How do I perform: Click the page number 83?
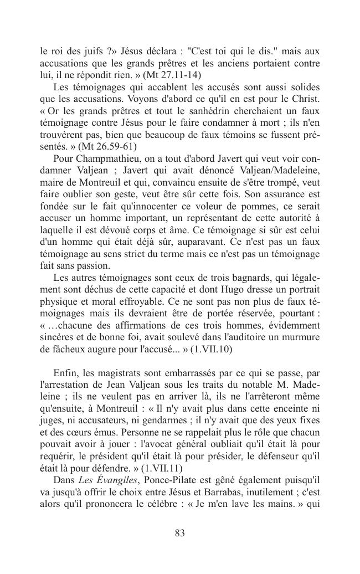coord(179,533)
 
